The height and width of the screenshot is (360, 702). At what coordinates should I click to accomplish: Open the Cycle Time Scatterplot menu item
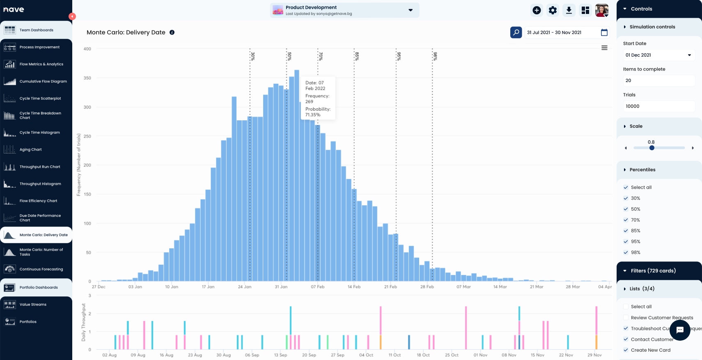40,99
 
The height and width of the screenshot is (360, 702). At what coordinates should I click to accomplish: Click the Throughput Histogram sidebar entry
40,184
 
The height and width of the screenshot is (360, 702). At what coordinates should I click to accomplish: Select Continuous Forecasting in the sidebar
41,269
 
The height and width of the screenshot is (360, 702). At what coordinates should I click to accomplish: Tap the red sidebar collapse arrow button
72,16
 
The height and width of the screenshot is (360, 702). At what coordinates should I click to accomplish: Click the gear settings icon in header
553,10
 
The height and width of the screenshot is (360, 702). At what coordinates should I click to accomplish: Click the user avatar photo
602,10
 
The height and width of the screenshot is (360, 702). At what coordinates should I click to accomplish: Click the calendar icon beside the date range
604,32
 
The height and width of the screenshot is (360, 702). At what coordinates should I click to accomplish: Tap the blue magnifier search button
516,32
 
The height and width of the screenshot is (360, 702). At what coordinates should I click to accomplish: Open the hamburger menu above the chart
604,48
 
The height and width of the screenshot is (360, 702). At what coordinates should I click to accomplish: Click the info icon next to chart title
172,32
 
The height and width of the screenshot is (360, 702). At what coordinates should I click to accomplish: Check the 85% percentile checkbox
626,231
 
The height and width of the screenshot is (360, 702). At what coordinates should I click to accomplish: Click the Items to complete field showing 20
658,80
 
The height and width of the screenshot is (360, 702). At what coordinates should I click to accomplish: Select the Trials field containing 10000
658,106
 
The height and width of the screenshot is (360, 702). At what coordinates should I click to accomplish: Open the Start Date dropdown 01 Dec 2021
658,55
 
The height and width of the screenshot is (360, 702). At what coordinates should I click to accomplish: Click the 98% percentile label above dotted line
435,56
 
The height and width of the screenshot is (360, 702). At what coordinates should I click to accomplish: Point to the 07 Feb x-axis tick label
317,287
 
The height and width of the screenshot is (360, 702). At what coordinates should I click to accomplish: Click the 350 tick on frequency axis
87,78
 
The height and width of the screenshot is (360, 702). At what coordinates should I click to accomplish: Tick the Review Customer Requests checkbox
626,318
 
